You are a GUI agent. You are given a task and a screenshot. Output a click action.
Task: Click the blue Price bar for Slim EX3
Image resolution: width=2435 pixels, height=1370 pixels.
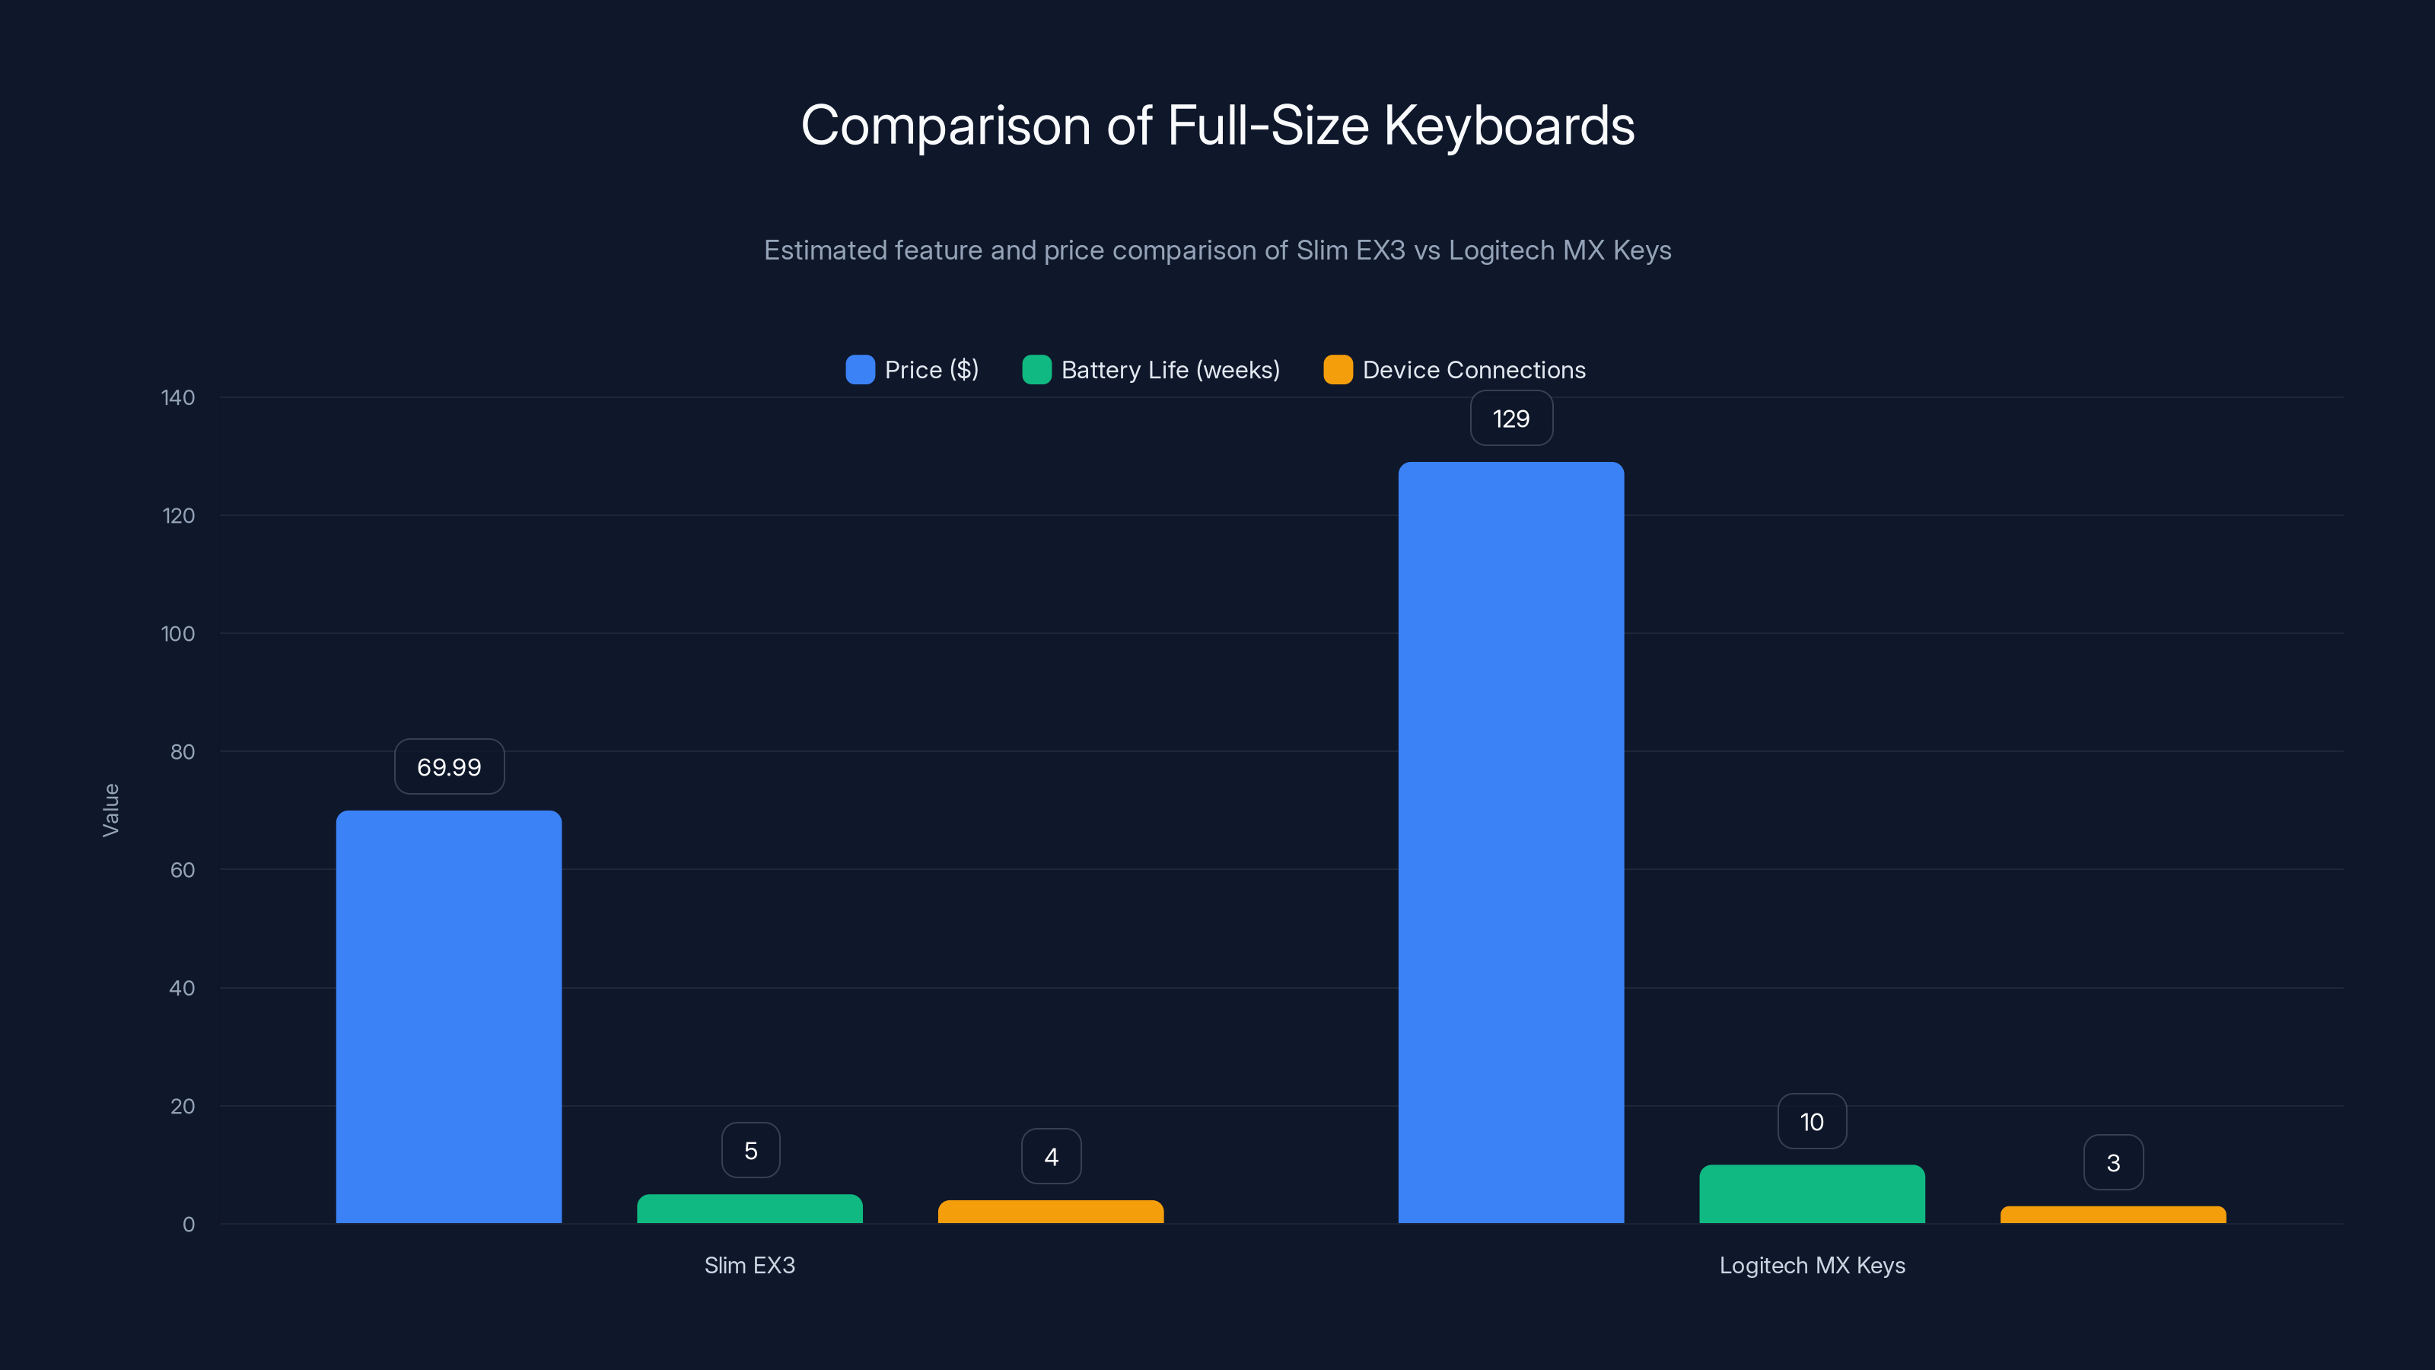[448, 1016]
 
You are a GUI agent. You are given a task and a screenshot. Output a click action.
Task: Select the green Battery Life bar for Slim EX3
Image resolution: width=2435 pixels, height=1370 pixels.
[750, 1209]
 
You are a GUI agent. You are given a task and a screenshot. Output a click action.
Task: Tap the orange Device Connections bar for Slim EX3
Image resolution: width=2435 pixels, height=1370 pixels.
[1050, 1212]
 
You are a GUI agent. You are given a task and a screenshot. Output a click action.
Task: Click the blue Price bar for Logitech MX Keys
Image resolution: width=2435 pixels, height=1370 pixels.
[1510, 842]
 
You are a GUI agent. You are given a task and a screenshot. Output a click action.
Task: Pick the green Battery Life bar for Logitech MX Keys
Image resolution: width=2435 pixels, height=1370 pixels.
[1811, 1194]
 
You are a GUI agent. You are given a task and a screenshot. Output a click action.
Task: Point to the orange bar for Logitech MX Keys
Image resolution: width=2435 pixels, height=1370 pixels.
[2112, 1215]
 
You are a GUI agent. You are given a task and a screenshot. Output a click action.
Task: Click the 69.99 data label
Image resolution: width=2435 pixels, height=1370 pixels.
[449, 766]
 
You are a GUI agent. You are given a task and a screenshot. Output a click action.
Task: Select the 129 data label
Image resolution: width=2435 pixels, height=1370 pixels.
[1510, 419]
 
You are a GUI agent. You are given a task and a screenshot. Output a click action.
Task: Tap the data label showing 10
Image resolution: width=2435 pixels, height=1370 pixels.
[1811, 1123]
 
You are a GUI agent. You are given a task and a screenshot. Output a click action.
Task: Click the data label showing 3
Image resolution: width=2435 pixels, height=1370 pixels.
[2112, 1163]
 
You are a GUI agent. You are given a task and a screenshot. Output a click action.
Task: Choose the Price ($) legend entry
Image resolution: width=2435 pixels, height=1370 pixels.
[912, 370]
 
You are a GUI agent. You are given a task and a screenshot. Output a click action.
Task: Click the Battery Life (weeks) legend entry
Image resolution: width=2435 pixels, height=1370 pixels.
[1151, 370]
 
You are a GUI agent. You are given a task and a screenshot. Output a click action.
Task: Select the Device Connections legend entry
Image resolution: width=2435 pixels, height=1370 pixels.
[1455, 370]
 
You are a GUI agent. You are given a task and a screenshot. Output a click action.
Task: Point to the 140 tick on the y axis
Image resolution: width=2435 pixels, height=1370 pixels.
[178, 398]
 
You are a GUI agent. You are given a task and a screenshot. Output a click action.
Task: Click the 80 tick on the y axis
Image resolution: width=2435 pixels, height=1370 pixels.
[183, 752]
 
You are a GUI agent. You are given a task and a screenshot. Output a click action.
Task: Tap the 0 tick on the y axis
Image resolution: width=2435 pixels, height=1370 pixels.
[188, 1225]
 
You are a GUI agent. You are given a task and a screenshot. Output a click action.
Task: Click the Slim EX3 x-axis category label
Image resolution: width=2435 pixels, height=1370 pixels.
[750, 1265]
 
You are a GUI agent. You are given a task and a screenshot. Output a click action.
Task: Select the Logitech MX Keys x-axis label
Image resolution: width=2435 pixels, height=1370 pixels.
[1811, 1265]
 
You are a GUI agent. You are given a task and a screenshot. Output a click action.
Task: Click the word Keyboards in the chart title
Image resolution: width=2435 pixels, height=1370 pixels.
[1509, 126]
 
